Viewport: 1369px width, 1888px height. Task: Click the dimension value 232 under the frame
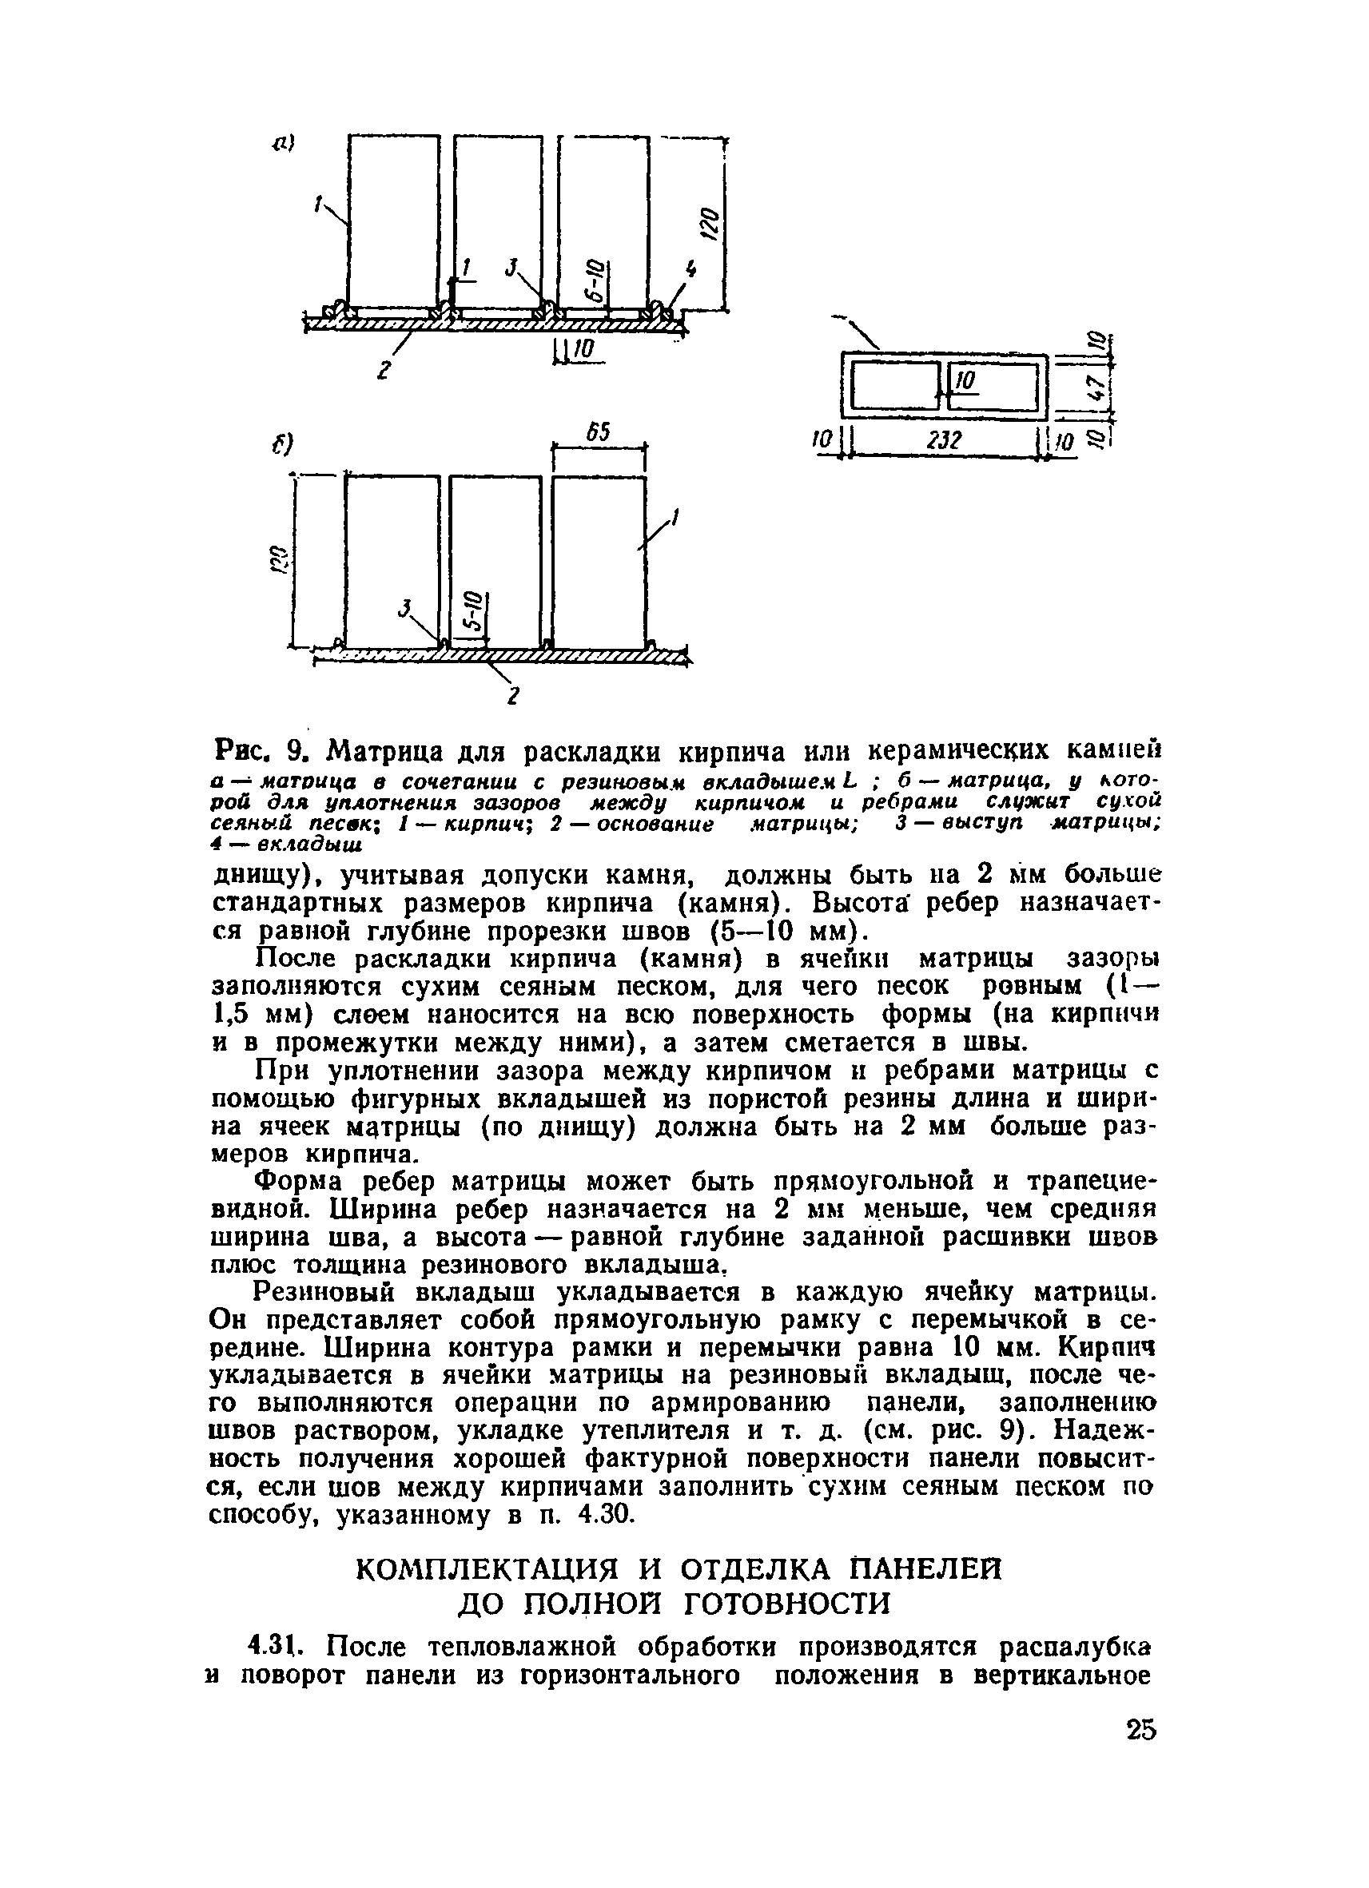click(944, 439)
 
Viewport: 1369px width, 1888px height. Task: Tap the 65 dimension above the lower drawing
click(599, 431)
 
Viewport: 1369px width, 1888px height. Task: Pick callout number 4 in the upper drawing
click(690, 270)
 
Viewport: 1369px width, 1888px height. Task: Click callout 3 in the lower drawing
click(405, 610)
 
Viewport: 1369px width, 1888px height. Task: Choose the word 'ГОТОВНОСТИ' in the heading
click(786, 1604)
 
